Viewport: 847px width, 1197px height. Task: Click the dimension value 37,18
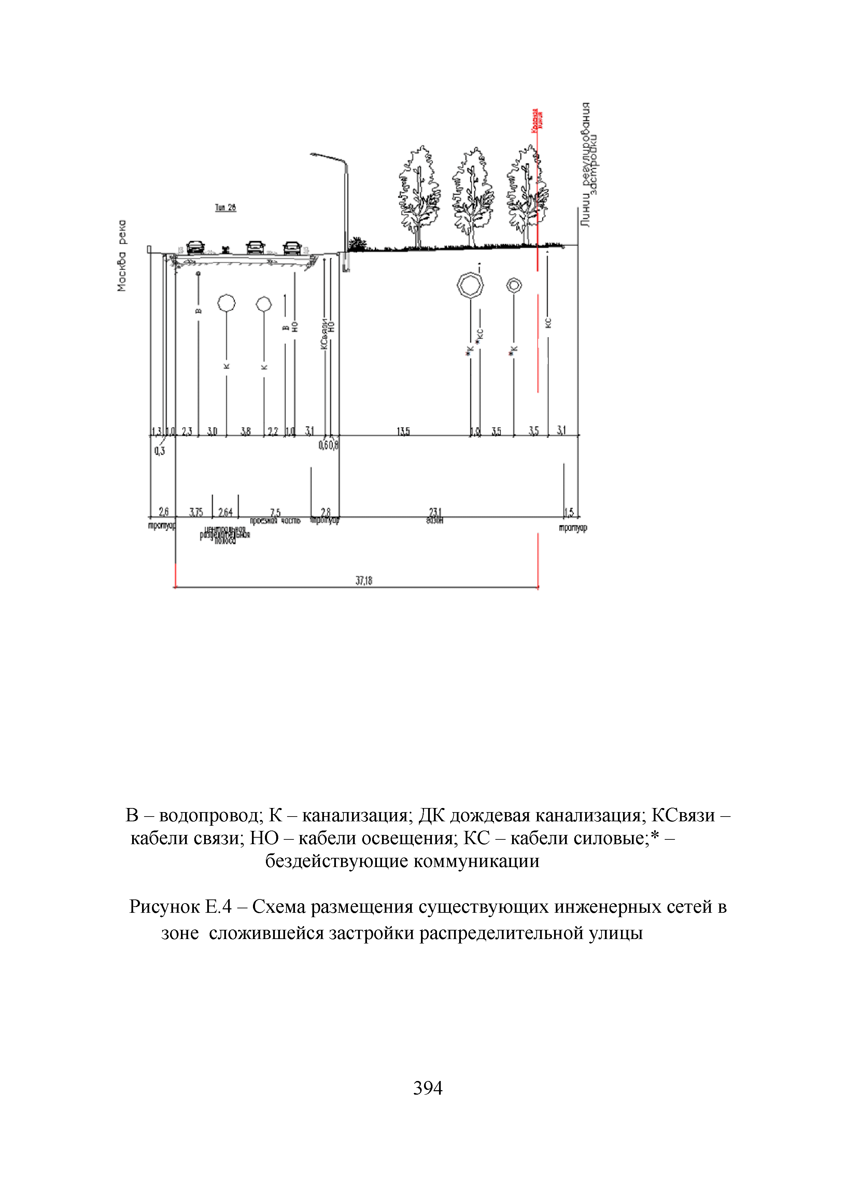pos(364,580)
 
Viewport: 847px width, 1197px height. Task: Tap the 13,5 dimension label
pos(403,431)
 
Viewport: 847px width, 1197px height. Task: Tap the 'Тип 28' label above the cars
pos(225,207)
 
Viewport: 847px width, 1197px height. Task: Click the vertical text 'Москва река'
pos(122,256)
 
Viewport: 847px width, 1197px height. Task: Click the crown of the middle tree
pos(472,188)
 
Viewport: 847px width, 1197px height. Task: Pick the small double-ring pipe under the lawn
pos(514,285)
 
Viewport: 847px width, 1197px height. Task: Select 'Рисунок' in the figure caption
pos(164,907)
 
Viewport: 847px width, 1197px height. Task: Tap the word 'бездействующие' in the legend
pos(336,861)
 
